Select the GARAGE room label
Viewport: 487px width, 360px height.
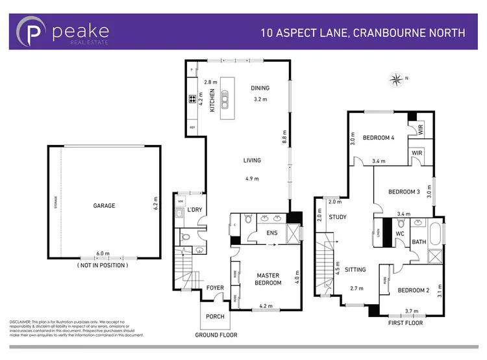coord(104,205)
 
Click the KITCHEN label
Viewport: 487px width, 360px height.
coord(212,101)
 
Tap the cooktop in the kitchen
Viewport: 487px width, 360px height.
coord(193,99)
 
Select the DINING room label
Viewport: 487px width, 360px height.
coord(260,88)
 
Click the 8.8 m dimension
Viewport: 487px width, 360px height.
coord(284,138)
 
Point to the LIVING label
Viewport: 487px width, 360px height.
coord(252,161)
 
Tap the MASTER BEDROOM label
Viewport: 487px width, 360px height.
coord(267,279)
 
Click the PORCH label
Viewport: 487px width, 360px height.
coord(214,316)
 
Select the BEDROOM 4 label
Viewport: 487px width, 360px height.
coord(379,138)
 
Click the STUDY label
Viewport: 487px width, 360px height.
coord(338,217)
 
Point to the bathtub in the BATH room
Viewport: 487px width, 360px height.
coord(436,233)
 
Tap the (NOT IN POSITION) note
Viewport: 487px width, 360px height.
coord(102,265)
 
